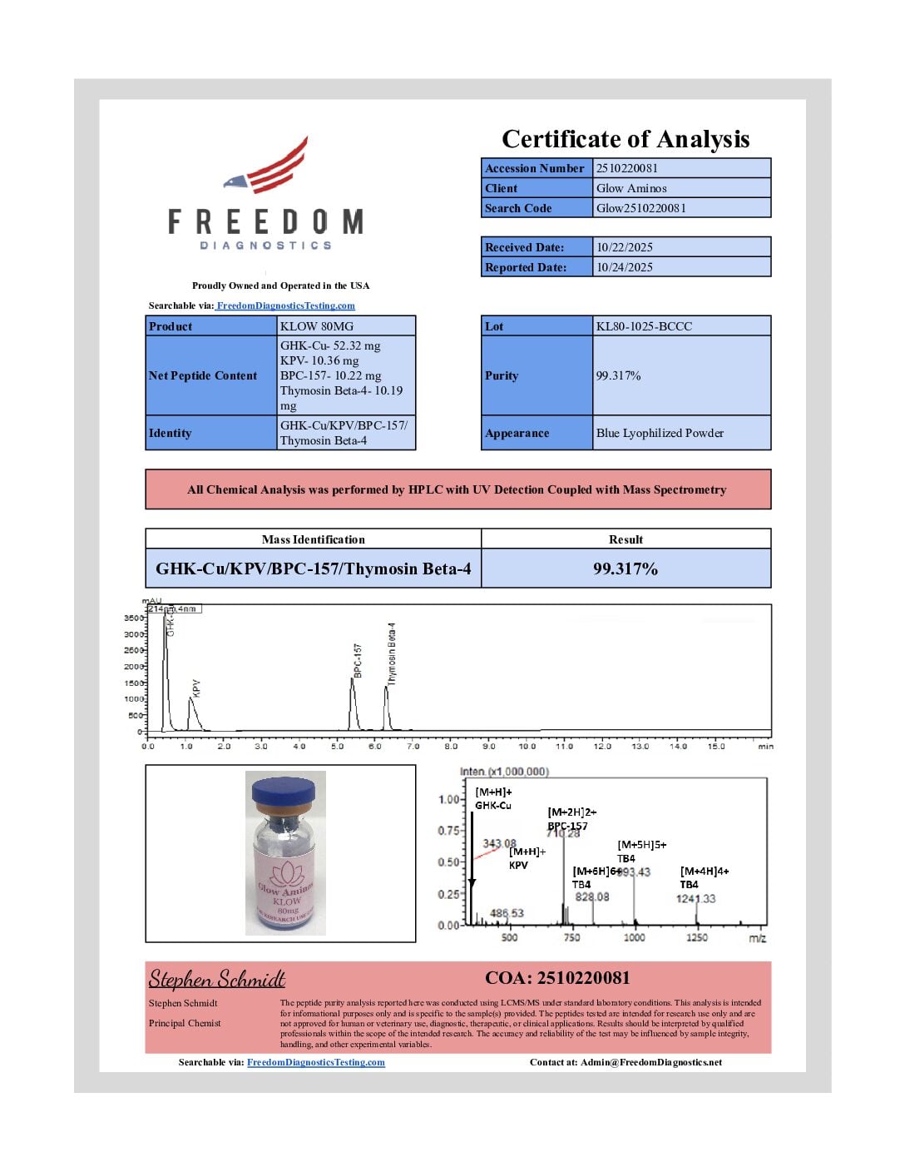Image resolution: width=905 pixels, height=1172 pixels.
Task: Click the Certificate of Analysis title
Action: [x=626, y=139]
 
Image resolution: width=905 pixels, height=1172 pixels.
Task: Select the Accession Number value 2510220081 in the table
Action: [x=627, y=168]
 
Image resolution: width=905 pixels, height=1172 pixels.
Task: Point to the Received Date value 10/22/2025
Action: [x=625, y=247]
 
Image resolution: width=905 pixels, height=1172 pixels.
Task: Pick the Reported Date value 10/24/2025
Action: [x=625, y=267]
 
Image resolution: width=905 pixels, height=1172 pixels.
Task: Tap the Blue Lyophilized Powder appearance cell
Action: [x=660, y=433]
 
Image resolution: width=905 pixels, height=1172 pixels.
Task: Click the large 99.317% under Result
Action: [x=626, y=569]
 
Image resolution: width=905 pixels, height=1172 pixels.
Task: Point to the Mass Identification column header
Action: [x=313, y=539]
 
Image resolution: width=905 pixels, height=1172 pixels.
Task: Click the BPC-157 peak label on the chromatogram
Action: [x=358, y=660]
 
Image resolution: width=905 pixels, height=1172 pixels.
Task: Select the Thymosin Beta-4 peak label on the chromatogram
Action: [x=392, y=654]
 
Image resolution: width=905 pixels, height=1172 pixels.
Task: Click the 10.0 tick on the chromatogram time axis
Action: [x=527, y=747]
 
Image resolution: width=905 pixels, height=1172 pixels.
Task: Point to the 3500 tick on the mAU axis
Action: [x=133, y=618]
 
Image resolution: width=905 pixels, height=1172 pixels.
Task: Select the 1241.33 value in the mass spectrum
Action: [x=695, y=899]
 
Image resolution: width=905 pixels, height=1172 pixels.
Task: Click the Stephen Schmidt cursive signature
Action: [x=217, y=979]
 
